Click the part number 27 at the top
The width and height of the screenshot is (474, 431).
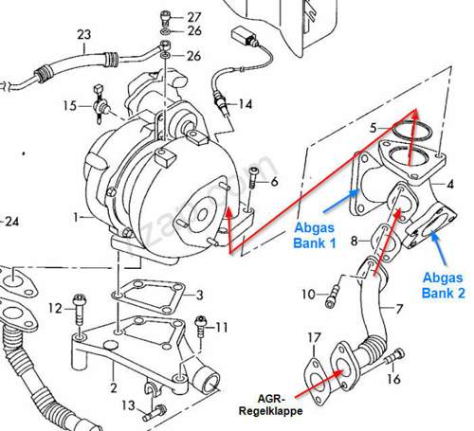[x=193, y=17]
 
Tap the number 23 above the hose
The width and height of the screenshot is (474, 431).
[x=84, y=34]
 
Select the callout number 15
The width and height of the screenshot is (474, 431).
[x=70, y=105]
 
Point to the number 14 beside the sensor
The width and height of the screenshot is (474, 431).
[x=246, y=104]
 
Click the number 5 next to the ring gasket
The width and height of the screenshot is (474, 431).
[x=374, y=128]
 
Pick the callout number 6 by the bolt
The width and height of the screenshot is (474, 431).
[x=274, y=182]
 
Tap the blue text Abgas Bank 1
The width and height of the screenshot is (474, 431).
[x=315, y=235]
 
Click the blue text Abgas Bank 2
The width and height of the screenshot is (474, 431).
[x=444, y=285]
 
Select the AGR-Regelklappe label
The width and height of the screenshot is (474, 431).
[x=270, y=404]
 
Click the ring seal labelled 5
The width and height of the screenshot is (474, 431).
[x=412, y=131]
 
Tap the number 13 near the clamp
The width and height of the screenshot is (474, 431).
[x=129, y=405]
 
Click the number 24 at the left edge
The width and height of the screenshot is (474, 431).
[x=12, y=222]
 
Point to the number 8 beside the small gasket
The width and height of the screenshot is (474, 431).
[x=355, y=242]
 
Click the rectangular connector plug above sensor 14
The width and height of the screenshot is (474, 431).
[x=243, y=36]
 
